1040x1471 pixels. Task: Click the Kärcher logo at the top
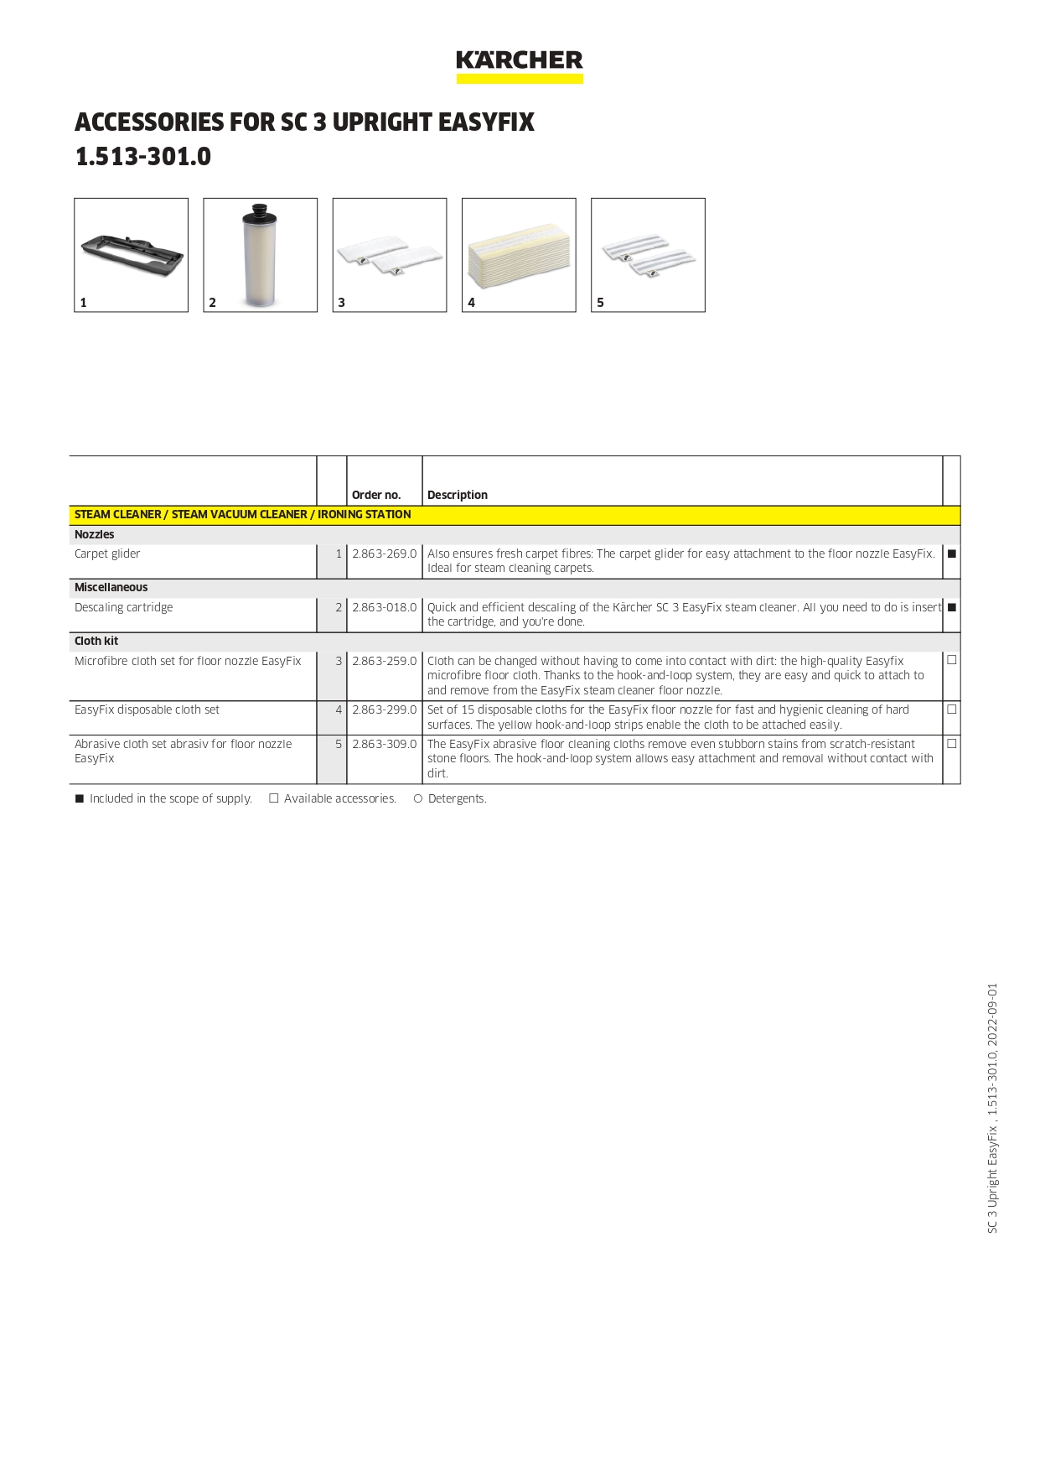point(520,65)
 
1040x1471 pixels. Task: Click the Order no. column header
point(376,495)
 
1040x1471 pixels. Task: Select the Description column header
point(458,495)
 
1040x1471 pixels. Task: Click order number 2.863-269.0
point(384,554)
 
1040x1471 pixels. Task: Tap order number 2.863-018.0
point(384,607)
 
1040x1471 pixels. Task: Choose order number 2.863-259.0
point(384,661)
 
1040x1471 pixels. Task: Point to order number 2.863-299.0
point(384,710)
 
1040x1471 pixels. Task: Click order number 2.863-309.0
point(384,744)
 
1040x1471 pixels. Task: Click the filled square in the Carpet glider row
point(952,554)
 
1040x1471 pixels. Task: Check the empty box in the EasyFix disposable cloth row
point(952,709)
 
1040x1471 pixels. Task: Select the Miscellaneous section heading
point(111,587)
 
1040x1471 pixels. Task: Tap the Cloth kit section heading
point(96,641)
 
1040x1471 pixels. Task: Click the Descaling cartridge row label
point(124,607)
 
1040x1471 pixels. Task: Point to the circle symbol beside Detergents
point(417,798)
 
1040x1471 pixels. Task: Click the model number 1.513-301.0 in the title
point(143,157)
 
